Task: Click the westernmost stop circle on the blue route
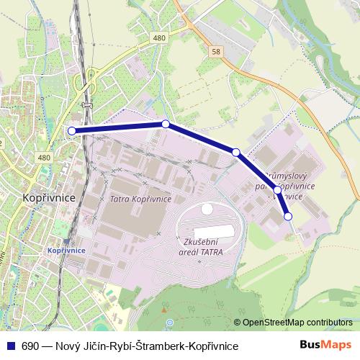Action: pos(71,130)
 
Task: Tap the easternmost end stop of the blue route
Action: pos(288,216)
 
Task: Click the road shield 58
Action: pos(217,52)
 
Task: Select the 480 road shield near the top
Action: pos(159,38)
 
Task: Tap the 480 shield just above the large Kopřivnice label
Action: pos(45,158)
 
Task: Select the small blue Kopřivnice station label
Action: pos(66,249)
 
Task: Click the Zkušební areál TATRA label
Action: pos(203,248)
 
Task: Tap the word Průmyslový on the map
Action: pos(288,175)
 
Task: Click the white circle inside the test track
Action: pos(207,209)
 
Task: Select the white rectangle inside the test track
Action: pos(224,231)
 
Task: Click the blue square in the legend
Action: pos(9,346)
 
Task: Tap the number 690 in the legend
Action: pos(30,346)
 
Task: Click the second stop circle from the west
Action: pos(166,124)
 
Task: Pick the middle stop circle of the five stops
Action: pos(235,152)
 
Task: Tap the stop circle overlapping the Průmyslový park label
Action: pos(277,190)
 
